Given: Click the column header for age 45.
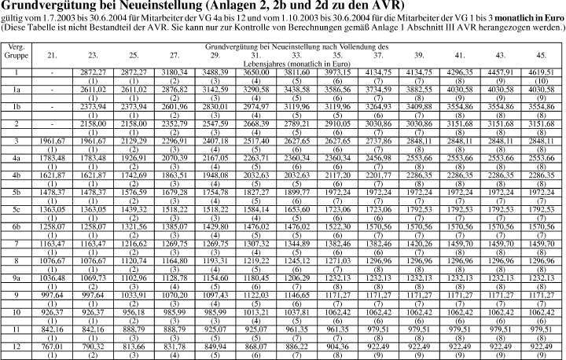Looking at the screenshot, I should coord(542,57).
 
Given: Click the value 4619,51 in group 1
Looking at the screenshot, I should coord(542,72).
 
